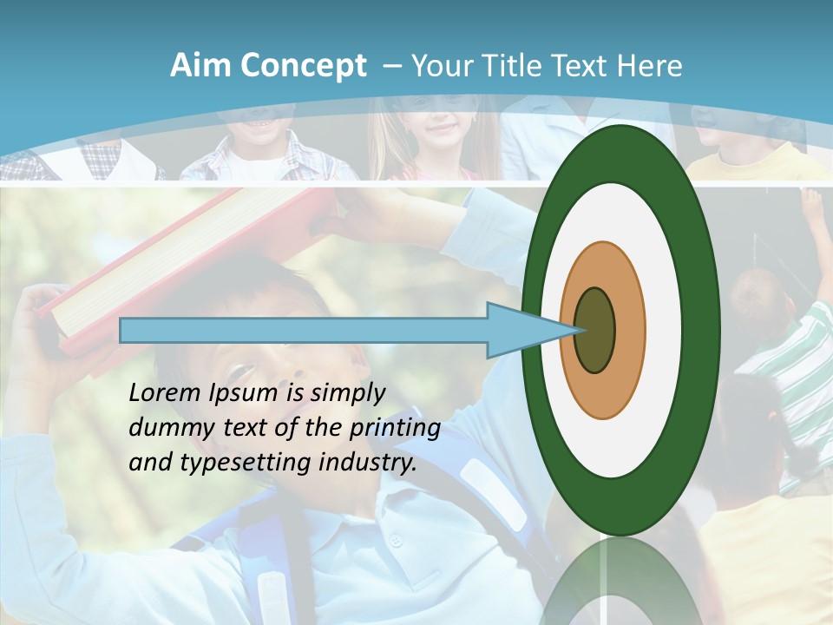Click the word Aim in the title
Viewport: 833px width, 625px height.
200,66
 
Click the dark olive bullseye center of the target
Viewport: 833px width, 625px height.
594,330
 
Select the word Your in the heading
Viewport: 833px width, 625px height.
442,66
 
